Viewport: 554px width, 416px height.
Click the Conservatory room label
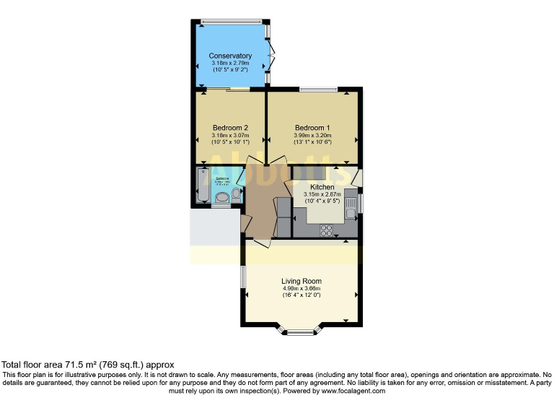[230, 56]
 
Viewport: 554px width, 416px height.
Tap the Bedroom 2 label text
[230, 128]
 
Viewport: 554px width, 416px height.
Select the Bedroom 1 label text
[312, 128]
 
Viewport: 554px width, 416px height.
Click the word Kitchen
[322, 187]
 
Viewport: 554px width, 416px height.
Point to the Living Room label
[302, 281]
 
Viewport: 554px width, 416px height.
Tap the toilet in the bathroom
[235, 195]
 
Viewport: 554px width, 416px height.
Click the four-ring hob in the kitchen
[326, 230]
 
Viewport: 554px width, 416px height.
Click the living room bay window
[298, 332]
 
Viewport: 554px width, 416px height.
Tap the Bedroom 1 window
[318, 90]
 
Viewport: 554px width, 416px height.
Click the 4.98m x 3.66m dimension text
[302, 289]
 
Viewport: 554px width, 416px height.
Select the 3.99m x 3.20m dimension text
[312, 136]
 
